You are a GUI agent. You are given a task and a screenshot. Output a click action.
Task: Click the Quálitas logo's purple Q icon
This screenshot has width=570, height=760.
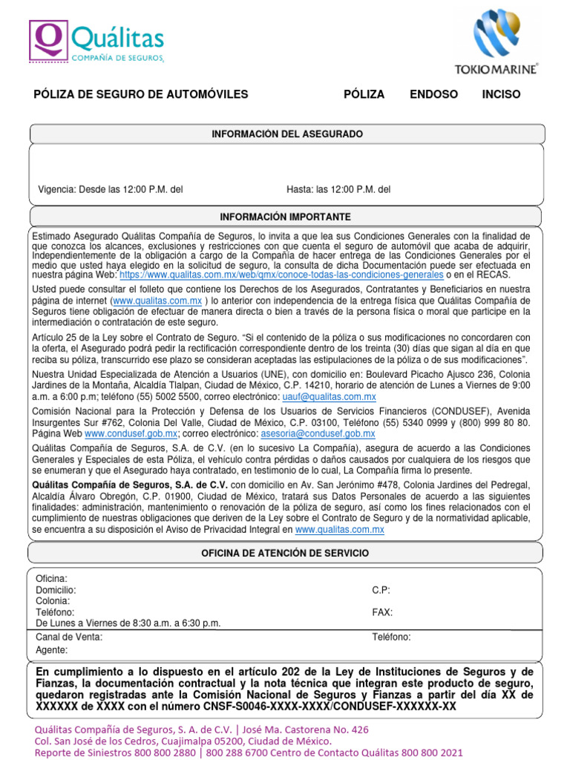[48, 40]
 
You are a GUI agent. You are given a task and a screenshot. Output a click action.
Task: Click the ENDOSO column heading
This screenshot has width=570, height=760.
[433, 95]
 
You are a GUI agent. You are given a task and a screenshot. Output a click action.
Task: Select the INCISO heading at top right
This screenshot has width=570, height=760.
[501, 95]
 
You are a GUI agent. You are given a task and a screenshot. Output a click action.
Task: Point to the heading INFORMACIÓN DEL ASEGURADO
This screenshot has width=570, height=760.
[287, 134]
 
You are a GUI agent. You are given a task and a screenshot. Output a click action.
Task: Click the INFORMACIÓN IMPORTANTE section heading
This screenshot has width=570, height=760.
[286, 217]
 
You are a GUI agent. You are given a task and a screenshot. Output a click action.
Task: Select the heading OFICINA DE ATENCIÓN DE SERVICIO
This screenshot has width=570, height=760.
[285, 554]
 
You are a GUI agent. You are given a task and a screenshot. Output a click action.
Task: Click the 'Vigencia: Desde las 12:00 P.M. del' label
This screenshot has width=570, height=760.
[111, 190]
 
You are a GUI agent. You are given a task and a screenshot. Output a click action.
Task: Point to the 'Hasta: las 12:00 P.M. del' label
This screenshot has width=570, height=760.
[338, 190]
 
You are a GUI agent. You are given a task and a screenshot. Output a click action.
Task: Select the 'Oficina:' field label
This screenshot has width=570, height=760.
[52, 578]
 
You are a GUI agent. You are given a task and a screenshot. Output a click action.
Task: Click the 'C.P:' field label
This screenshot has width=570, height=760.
[381, 590]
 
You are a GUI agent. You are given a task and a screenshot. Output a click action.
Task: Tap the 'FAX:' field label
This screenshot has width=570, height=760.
[382, 612]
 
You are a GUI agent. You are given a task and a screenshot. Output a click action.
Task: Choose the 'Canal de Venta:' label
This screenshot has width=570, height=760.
[69, 637]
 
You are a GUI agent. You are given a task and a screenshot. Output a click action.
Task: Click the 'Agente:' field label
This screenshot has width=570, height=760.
[52, 650]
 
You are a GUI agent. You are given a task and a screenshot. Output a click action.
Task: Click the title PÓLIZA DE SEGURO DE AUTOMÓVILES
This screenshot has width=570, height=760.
[141, 95]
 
